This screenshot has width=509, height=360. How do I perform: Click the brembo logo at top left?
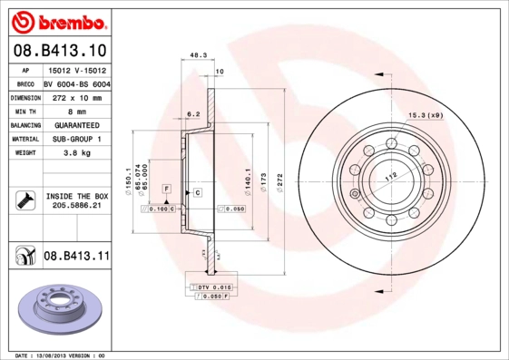pos(57,20)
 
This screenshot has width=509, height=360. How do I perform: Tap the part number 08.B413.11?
pos(75,257)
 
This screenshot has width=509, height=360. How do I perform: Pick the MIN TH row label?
pos(23,111)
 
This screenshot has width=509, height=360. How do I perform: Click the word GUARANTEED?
pos(75,125)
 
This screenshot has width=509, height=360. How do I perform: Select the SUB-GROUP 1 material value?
pos(75,140)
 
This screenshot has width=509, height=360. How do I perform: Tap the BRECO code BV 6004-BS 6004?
pos(75,83)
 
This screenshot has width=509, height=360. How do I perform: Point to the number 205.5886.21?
pos(75,207)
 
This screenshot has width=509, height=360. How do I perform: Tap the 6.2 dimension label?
pos(192,114)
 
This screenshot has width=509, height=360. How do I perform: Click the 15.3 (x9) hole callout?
pos(425,115)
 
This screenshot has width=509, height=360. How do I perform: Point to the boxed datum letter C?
pos(197,194)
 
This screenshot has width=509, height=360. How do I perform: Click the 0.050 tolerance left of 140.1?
pos(234,209)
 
